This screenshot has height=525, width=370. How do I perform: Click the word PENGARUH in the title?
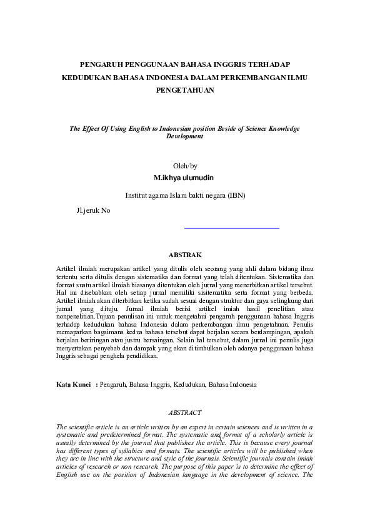[102, 64]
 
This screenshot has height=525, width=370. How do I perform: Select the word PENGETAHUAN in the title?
[184, 90]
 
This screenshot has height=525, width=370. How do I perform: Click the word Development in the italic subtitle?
[184, 135]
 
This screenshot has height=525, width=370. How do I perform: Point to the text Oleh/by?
[185, 166]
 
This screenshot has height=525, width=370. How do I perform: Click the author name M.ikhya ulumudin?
[185, 178]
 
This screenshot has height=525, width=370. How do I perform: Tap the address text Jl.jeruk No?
[92, 210]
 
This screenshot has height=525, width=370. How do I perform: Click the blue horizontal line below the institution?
[232, 228]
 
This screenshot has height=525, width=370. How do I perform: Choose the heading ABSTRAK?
[185, 255]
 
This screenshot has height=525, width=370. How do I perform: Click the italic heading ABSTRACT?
[185, 412]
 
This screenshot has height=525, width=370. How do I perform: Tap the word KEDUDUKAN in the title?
[85, 77]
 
